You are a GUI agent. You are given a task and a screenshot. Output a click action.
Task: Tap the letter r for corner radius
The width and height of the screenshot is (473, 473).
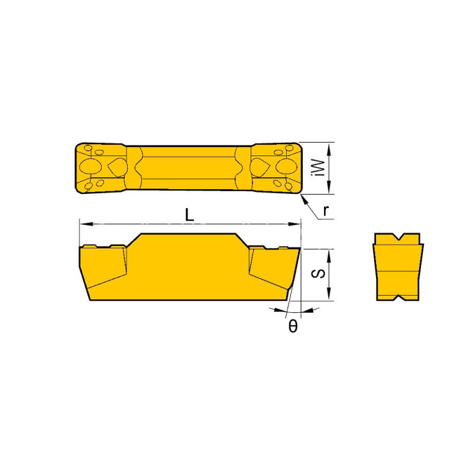coord(326,210)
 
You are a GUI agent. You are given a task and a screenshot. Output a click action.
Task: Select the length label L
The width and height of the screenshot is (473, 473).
coord(189,216)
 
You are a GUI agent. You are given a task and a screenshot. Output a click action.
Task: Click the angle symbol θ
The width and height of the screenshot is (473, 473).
coord(293,326)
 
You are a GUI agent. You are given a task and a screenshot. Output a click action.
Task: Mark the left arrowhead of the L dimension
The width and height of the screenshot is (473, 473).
coord(83,224)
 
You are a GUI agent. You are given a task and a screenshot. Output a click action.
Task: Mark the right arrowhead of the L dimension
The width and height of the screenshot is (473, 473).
coord(297,224)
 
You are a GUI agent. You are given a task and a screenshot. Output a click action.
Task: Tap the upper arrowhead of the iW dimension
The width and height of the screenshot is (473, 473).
coord(330,145)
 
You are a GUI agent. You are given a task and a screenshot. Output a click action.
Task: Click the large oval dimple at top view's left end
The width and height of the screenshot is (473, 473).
coord(89,166)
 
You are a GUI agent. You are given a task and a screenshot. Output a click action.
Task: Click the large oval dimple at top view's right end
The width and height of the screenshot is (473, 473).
coord(287,166)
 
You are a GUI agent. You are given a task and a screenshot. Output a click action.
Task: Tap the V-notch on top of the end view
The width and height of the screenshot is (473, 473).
coord(399,238)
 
